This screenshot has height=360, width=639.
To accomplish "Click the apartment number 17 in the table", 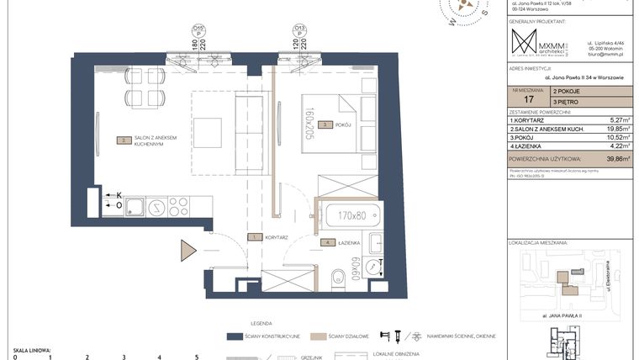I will tap(527, 98).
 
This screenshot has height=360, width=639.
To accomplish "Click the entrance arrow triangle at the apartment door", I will tap(187, 251).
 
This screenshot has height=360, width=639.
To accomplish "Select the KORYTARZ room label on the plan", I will tap(277, 238).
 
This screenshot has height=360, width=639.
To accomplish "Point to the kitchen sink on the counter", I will tap(136, 206).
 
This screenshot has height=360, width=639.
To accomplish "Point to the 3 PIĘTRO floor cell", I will tap(568, 101).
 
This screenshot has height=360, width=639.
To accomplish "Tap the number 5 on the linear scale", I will tap(196, 357).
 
